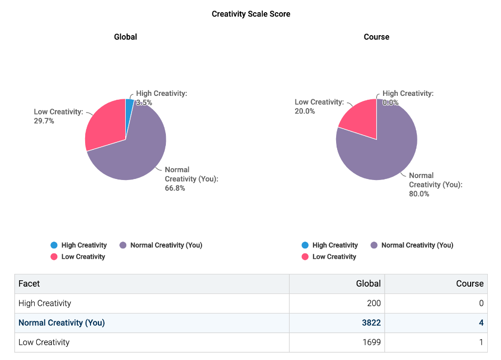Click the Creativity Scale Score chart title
(x=250, y=14)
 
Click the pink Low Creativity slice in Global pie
(x=104, y=125)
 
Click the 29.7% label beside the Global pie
(x=44, y=121)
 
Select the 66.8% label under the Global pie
(x=175, y=188)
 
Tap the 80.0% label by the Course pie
(x=419, y=194)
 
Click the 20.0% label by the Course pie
(x=305, y=111)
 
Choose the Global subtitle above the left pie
(x=125, y=37)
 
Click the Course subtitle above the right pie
(x=376, y=37)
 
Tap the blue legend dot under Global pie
(x=54, y=245)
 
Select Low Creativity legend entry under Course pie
(x=334, y=257)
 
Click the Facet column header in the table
(x=29, y=284)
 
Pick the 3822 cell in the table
(x=371, y=323)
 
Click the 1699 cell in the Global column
(x=371, y=342)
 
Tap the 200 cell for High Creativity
(x=373, y=303)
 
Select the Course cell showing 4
(x=481, y=323)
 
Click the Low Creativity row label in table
(x=44, y=342)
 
